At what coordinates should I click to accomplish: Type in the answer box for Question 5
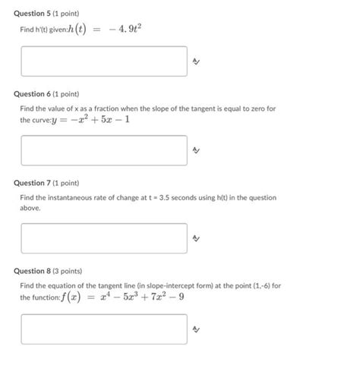pos(104,61)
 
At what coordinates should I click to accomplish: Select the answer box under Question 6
pos(104,150)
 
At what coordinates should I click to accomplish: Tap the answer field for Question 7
pos(104,238)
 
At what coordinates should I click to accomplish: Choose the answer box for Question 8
pos(104,329)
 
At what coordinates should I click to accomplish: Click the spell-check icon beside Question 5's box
pos(196,62)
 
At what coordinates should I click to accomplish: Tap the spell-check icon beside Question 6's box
pos(196,151)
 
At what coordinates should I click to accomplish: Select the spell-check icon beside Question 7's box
pos(196,239)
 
